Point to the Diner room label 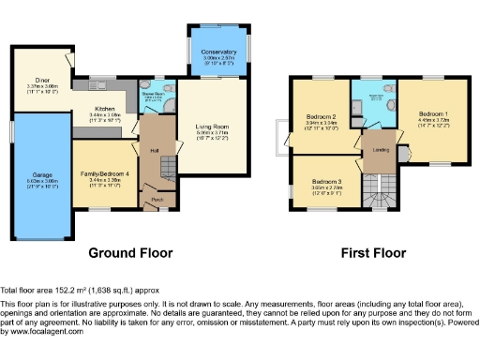coord(42,82)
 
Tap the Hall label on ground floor coord(153,149)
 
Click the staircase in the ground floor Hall coord(165,169)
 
